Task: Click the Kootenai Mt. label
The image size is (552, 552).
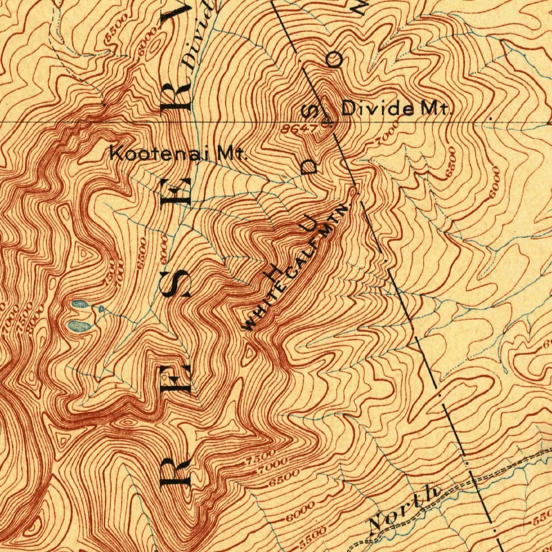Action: [x=178, y=153]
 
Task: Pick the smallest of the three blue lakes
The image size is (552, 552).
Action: [x=101, y=308]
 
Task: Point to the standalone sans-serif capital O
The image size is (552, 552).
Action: [x=336, y=59]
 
